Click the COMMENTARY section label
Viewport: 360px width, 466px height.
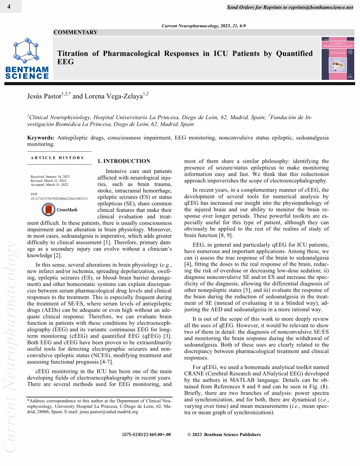[75, 32]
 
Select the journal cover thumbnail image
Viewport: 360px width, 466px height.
[337, 58]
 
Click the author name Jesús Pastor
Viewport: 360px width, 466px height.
[44, 96]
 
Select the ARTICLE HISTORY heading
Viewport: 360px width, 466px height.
[57, 158]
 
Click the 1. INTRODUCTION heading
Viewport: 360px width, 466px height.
[124, 161]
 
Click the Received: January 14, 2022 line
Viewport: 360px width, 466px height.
[50, 177]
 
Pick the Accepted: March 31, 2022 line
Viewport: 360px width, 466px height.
[49, 184]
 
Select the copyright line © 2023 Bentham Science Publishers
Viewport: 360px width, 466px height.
[224, 434]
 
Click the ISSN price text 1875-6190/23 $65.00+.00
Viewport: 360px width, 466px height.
[146, 434]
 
